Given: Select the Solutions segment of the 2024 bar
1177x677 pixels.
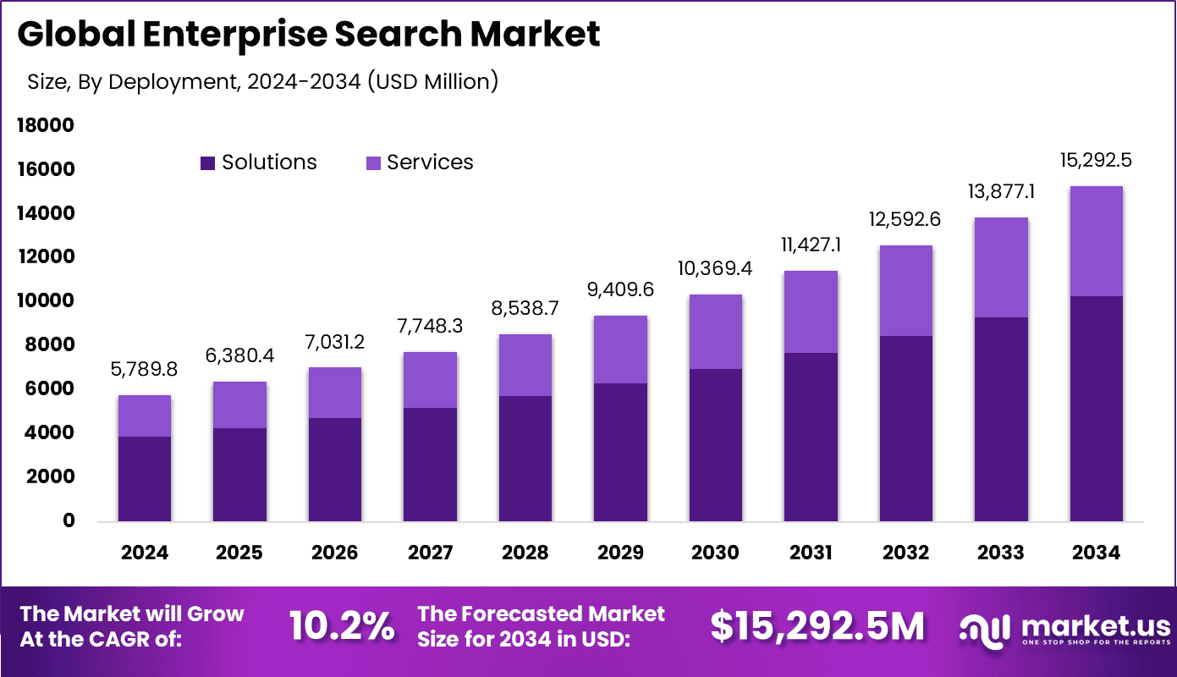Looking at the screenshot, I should click(x=144, y=479).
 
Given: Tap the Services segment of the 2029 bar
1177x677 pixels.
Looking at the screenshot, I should click(x=620, y=350).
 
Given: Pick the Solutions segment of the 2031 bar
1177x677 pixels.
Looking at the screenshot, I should click(x=811, y=437).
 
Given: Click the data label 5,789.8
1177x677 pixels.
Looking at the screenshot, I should click(x=144, y=370).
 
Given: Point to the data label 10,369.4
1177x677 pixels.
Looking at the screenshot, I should click(x=715, y=269).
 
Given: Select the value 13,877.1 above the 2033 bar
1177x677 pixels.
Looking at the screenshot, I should click(x=1000, y=192).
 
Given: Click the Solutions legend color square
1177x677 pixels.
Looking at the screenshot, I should click(x=207, y=162).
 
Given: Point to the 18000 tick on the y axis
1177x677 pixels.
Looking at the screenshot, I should click(x=45, y=126).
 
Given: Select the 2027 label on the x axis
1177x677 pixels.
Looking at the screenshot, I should click(x=430, y=553).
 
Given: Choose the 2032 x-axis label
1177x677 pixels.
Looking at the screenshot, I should click(x=905, y=553).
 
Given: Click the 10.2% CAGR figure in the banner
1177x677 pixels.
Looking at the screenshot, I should click(x=342, y=626).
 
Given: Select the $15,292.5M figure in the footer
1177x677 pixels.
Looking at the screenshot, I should click(x=817, y=626).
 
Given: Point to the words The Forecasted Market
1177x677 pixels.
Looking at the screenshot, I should click(x=542, y=614).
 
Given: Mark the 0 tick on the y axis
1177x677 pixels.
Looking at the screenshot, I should click(x=68, y=521).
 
